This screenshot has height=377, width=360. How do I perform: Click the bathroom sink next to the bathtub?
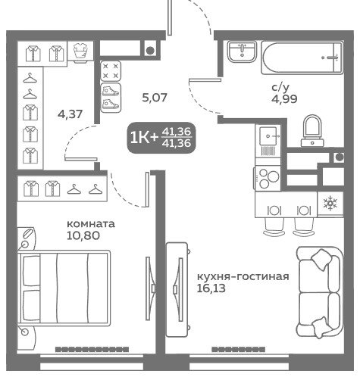tap(242, 51)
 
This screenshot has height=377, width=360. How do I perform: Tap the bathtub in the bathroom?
tap(302, 58)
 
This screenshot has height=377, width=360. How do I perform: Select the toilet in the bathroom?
tap(312, 130)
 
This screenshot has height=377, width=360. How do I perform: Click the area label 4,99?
tap(284, 99)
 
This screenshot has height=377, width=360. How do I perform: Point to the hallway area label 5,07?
tap(155, 98)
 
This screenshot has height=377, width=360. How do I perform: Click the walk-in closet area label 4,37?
tap(70, 114)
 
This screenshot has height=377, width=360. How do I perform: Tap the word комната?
tap(91, 224)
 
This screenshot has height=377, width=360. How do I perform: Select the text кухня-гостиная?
tap(243, 276)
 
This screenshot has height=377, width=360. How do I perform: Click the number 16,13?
tap(211, 288)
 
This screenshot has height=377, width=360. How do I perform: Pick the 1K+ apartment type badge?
tap(161, 138)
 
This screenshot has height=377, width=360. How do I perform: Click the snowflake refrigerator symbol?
tap(330, 204)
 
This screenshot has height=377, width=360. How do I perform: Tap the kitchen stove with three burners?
tap(268, 178)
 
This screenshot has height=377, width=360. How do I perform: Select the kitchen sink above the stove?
tap(268, 142)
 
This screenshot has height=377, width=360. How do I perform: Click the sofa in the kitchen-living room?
tap(320, 292)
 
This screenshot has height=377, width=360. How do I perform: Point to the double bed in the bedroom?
tap(64, 288)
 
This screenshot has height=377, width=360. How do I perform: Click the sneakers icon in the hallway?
tap(111, 98)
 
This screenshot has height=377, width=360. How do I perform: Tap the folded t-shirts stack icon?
tap(80, 51)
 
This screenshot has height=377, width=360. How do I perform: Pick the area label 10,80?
tap(83, 235)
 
